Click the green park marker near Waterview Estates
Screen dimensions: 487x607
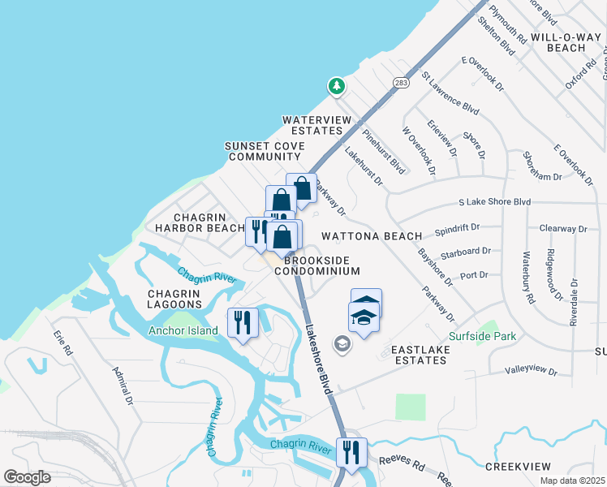[x=336, y=85]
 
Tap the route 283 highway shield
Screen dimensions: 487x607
[x=400, y=83]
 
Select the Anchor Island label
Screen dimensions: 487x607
[x=183, y=330]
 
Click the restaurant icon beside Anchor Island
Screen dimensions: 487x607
[x=243, y=322]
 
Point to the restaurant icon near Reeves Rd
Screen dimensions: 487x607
[x=351, y=451]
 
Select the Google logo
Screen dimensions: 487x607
[x=28, y=477]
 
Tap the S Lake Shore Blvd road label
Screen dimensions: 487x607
[x=494, y=201]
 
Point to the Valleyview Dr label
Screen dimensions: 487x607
[x=531, y=371]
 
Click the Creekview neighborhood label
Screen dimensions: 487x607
[x=518, y=467]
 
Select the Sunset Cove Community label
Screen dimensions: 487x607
[x=265, y=151]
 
